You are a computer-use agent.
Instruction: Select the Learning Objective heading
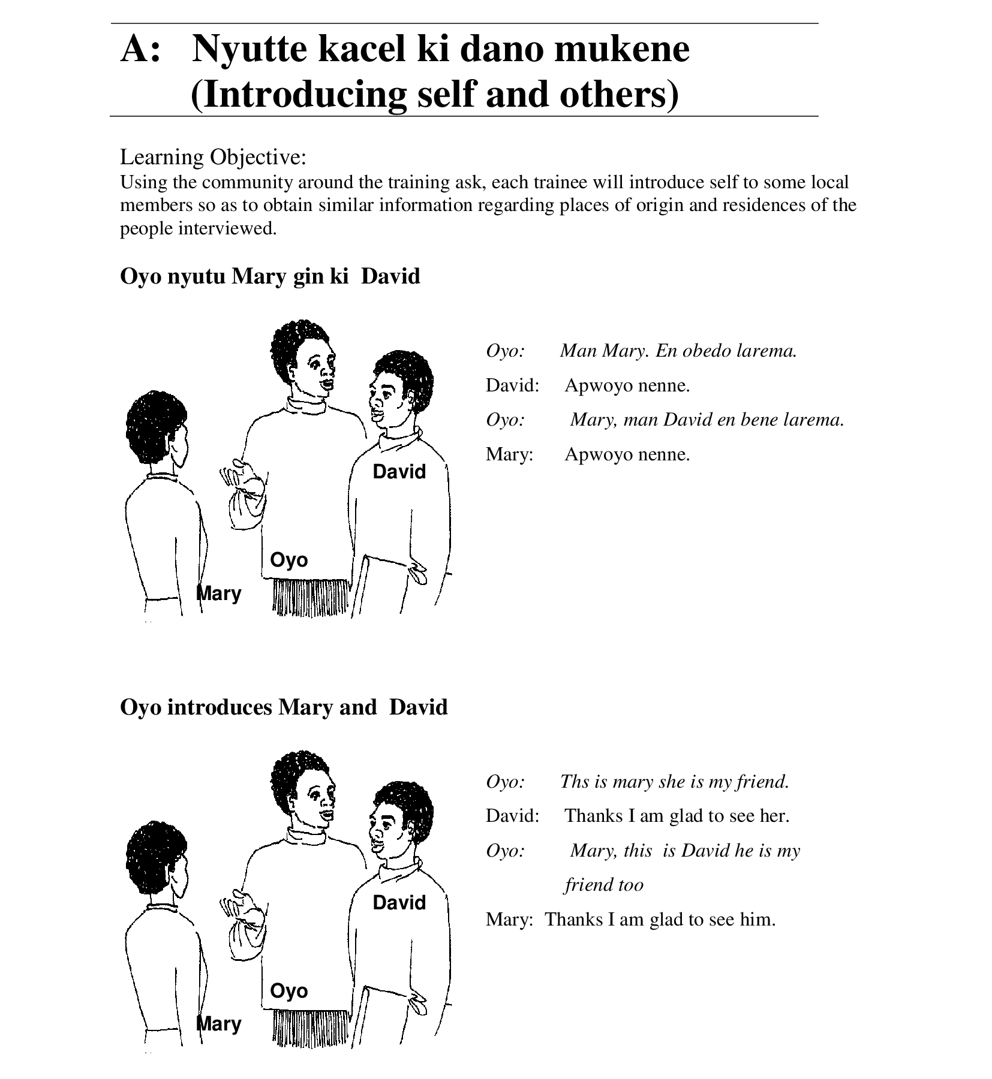pyautogui.click(x=213, y=157)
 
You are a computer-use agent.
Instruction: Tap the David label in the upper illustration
pyautogui.click(x=399, y=472)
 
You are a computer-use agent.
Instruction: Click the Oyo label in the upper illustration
pyautogui.click(x=288, y=560)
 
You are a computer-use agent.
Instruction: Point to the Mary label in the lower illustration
pyautogui.click(x=220, y=1023)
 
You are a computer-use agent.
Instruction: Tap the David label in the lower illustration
pyautogui.click(x=399, y=903)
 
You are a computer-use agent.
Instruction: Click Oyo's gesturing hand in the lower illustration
pyautogui.click(x=242, y=917)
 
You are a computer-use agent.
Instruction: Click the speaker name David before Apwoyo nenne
pyautogui.click(x=512, y=385)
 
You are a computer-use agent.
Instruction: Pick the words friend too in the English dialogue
pyautogui.click(x=603, y=885)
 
